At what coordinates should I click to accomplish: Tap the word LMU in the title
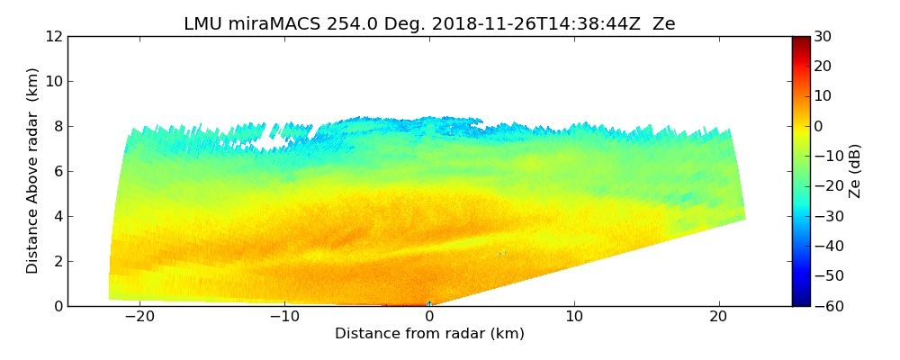[202, 24]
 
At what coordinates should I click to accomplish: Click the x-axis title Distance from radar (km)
[429, 334]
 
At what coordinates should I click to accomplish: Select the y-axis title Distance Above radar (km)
[33, 170]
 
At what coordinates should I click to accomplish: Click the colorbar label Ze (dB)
[855, 170]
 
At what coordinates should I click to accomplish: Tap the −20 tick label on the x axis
[139, 317]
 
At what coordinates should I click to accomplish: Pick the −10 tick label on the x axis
[284, 317]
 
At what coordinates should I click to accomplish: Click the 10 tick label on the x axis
[574, 317]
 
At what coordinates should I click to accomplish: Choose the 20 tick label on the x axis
[719, 317]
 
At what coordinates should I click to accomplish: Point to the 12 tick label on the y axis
[53, 37]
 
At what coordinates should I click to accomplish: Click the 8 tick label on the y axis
[58, 127]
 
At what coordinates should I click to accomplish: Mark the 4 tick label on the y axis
[58, 217]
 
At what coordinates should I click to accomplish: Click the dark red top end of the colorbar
[801, 40]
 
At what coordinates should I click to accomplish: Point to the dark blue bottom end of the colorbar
[801, 302]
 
